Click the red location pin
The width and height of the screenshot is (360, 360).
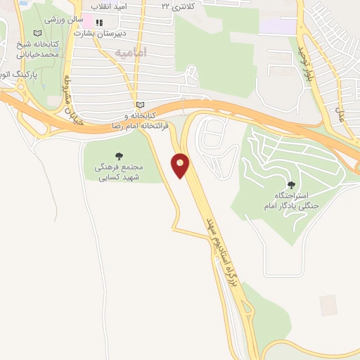[181, 165]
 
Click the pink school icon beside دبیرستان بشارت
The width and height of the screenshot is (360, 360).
[90, 22]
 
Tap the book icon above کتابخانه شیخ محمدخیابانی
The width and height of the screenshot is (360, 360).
[37, 33]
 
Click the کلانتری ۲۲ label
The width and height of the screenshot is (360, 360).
[175, 5]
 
